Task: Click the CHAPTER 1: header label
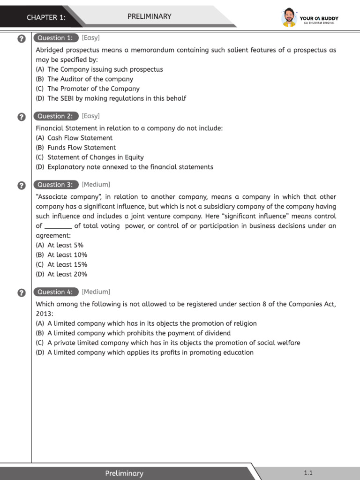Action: pos(46,17)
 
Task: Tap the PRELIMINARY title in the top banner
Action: pos(150,16)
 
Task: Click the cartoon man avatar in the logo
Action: pos(289,18)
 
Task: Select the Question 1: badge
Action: pos(55,38)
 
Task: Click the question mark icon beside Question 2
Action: pos(21,117)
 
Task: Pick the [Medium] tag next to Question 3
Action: pos(96,185)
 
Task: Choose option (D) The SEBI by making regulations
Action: pos(111,98)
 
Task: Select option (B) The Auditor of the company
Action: pos(84,79)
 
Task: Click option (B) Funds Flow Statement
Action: pos(75,148)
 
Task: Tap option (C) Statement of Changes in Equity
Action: pos(90,157)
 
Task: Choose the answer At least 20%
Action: pos(61,274)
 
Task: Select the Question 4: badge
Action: pos(55,292)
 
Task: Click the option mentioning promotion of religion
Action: pos(146,323)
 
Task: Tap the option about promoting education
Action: pos(144,352)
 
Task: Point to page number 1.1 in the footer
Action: pos(308,472)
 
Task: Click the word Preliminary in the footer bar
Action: pos(124,473)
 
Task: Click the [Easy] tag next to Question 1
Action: pos(91,38)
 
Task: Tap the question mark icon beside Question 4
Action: pos(21,293)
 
